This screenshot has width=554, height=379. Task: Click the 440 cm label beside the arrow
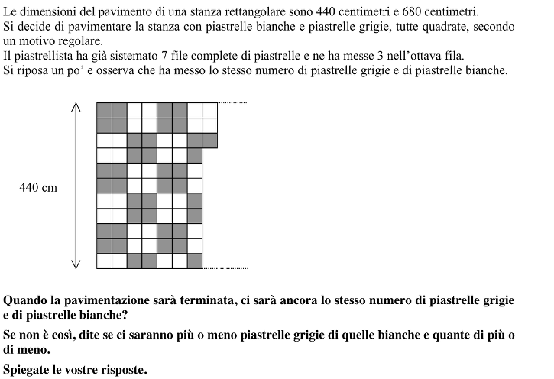[38, 187]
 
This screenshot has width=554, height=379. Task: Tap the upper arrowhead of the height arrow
[76, 108]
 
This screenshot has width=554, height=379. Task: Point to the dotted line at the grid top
[233, 102]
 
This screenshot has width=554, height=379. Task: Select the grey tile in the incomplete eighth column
[210, 140]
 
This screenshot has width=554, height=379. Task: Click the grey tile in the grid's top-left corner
[104, 109]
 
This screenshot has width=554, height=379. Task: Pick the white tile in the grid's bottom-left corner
[104, 261]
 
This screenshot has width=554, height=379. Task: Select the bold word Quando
[28, 300]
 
